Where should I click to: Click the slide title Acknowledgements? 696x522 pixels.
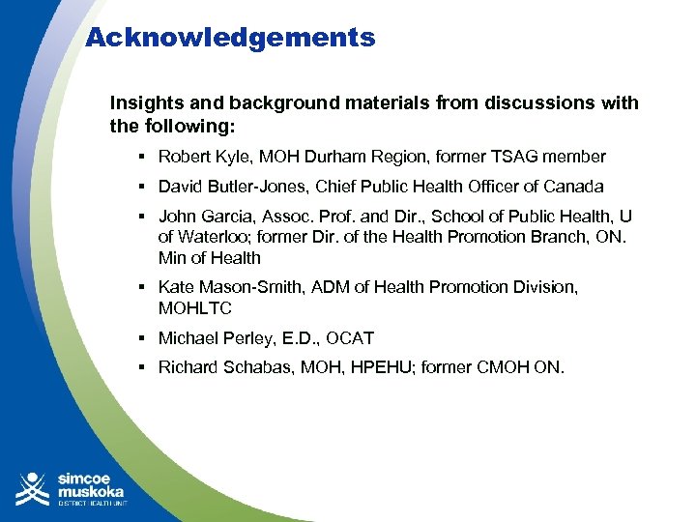pos(230,38)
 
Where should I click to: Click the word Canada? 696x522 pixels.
pos(575,187)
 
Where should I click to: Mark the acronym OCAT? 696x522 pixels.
pos(350,338)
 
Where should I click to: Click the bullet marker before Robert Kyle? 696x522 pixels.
pos(141,157)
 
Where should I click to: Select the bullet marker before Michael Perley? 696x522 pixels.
pos(141,338)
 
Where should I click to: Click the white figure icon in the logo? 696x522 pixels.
pos(33,488)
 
